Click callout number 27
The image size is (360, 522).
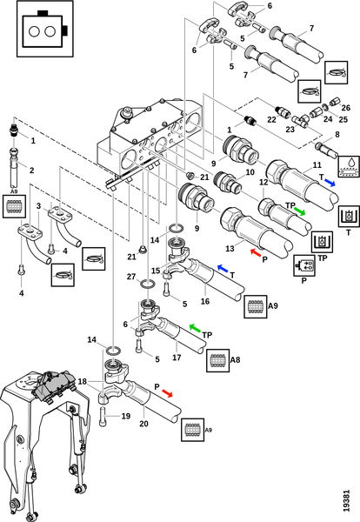tap(131, 277)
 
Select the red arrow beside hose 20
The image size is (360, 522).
tap(167, 393)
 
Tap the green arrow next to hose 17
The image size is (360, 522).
tap(195, 328)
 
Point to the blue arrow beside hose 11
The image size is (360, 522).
tap(330, 182)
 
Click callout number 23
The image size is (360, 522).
tap(290, 128)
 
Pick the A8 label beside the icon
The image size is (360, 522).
tap(236, 359)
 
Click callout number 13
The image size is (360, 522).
tap(230, 248)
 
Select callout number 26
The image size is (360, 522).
tap(346, 108)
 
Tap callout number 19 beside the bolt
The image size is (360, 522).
tap(125, 416)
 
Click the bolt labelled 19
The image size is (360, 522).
tap(103, 416)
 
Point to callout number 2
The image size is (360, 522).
tap(31, 171)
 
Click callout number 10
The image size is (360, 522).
tap(250, 171)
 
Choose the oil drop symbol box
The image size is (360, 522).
tap(349, 166)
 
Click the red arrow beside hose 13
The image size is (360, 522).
tap(256, 252)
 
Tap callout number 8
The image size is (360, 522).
tap(337, 134)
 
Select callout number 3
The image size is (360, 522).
tap(38, 205)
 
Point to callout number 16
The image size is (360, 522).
tap(205, 301)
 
